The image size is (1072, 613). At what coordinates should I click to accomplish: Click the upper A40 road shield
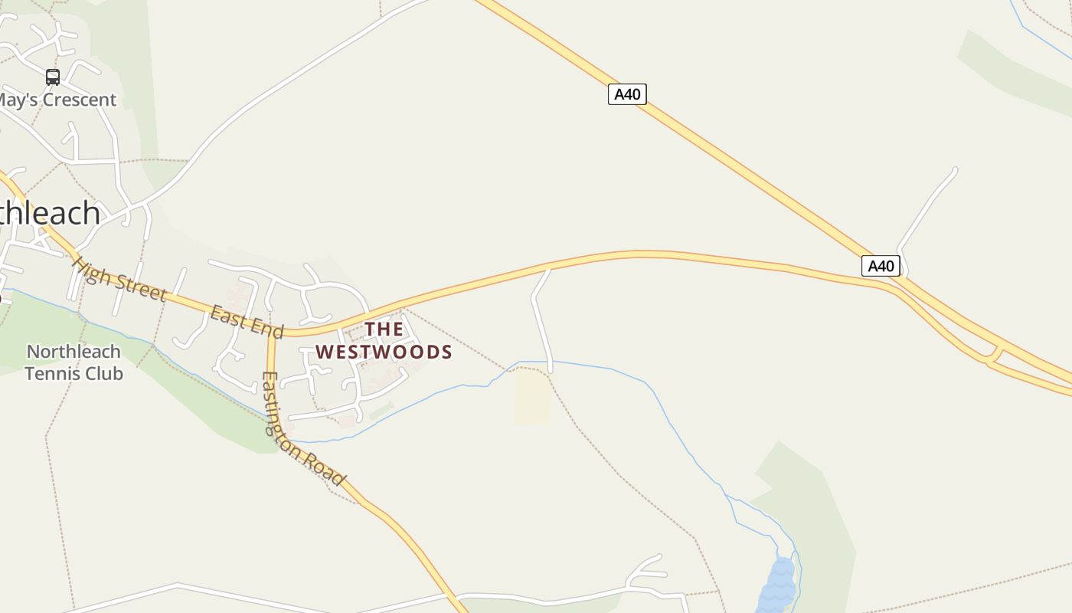tap(627, 94)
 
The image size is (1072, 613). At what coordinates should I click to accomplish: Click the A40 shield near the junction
tap(881, 266)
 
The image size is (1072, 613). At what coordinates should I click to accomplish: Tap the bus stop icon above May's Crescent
tap(52, 77)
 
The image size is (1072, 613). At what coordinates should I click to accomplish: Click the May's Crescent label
tap(57, 100)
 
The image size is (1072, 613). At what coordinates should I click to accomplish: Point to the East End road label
tap(247, 320)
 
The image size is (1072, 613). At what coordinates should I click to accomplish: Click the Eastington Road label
tap(302, 428)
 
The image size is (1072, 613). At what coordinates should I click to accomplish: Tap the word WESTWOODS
tap(384, 352)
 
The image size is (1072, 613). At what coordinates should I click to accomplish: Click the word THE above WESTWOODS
tap(384, 329)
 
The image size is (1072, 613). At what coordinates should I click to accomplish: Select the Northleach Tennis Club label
tap(74, 362)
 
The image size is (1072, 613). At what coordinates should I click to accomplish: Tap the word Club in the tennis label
tap(106, 374)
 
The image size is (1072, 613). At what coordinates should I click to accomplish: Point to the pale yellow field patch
tap(532, 397)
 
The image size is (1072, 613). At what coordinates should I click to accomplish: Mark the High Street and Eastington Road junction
tap(270, 335)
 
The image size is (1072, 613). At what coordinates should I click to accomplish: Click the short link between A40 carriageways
tap(993, 356)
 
